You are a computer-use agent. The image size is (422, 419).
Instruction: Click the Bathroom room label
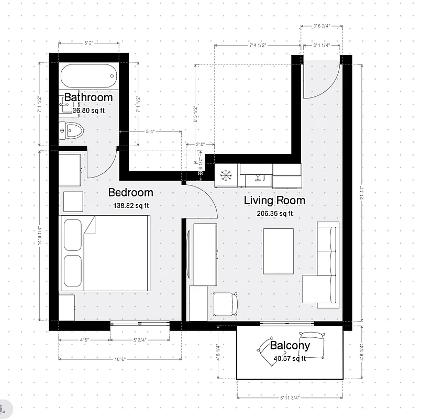88,97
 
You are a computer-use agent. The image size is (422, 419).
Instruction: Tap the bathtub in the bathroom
88,77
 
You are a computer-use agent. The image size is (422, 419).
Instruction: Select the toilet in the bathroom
72,130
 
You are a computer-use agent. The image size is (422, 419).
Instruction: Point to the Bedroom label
130,192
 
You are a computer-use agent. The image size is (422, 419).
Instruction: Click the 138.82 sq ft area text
130,206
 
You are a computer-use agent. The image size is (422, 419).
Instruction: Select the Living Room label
274,200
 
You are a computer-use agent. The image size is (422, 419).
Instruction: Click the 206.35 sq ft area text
274,213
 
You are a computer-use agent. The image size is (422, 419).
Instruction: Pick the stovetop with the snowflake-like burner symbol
227,175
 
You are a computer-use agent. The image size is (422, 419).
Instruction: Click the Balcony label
290,346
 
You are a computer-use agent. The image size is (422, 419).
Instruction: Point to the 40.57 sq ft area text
290,359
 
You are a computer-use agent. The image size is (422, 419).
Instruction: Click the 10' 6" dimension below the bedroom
120,359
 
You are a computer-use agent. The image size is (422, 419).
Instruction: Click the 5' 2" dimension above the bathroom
88,43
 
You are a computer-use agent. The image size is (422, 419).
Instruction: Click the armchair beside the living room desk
226,303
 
